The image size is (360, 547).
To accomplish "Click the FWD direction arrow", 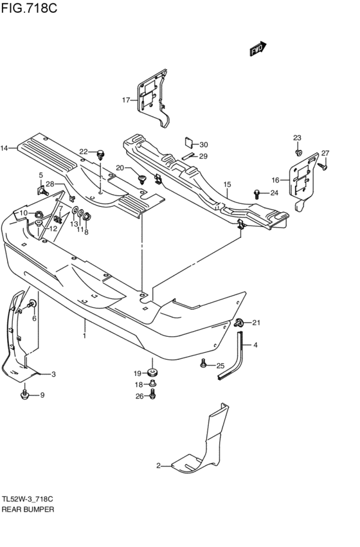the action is click(x=258, y=49).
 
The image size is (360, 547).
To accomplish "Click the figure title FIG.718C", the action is click(x=29, y=8).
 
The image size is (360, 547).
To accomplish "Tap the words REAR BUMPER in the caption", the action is click(x=28, y=509).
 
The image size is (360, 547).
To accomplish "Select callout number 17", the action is click(x=126, y=100).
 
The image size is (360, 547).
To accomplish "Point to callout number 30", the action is click(x=203, y=145).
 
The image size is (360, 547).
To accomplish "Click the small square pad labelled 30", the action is click(x=189, y=142).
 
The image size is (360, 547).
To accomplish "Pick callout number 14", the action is click(x=4, y=148).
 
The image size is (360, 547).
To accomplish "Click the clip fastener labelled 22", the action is click(x=101, y=154).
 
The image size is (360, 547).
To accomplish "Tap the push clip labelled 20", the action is click(x=142, y=179).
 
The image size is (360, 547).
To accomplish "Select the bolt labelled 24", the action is click(x=257, y=193).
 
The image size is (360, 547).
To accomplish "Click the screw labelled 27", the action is click(x=322, y=166).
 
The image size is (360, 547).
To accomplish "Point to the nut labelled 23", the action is click(x=298, y=152).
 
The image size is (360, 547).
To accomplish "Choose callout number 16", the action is click(x=276, y=180).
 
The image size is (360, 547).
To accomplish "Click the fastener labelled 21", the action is click(x=239, y=323).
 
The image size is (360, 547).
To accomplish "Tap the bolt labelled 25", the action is click(x=203, y=364).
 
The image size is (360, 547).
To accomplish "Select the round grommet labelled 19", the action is click(x=152, y=372).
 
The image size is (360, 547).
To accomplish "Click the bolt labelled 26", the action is click(x=152, y=395).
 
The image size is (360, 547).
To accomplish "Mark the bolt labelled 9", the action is click(x=24, y=395).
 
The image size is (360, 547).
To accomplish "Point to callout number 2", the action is click(x=158, y=466).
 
